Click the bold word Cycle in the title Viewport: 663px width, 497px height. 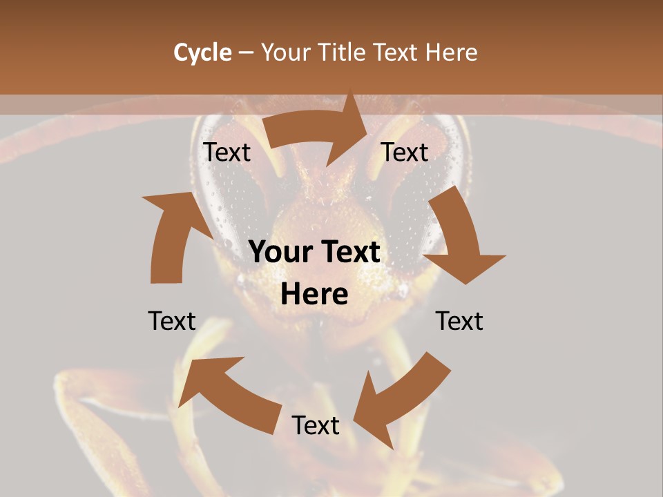tap(202, 52)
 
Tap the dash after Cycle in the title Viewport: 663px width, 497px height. tap(246, 52)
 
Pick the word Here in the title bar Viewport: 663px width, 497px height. tap(452, 52)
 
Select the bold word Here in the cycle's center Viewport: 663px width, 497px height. tap(314, 295)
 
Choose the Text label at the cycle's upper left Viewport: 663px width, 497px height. tap(227, 153)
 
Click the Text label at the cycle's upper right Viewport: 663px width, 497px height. tap(405, 153)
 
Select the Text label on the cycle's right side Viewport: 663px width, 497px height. tap(459, 321)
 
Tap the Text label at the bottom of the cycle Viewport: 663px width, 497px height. tap(316, 425)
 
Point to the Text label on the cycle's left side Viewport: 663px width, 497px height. tap(172, 321)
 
